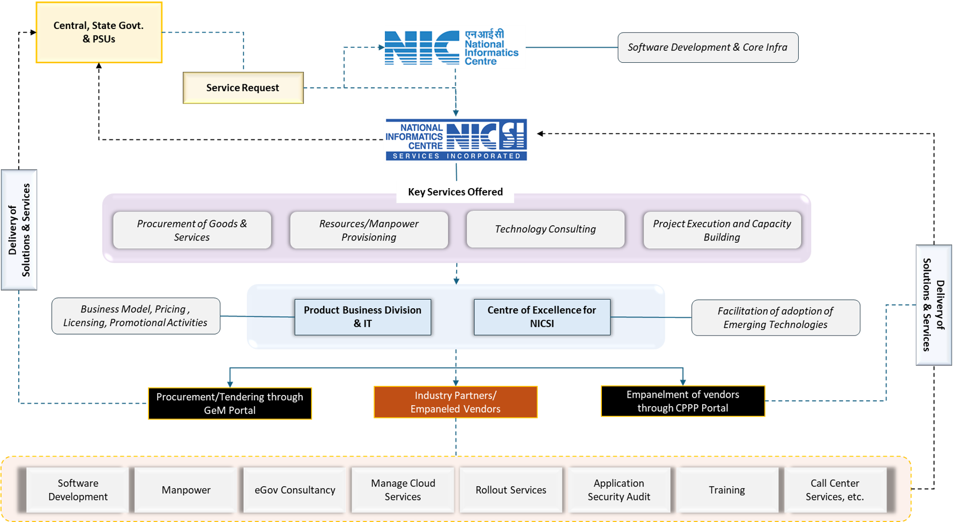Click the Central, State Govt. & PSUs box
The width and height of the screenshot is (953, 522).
[99, 33]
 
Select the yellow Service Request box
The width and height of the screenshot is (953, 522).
[243, 88]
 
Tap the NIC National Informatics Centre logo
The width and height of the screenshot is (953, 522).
[455, 47]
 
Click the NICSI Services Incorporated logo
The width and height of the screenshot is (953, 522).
[456, 140]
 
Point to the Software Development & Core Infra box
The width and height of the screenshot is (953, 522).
[708, 48]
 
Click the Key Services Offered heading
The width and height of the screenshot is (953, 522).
[455, 192]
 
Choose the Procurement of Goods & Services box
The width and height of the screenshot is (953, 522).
[192, 230]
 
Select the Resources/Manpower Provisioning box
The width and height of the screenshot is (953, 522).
[369, 230]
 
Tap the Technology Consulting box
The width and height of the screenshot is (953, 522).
[545, 229]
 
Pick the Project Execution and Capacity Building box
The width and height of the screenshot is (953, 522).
[721, 230]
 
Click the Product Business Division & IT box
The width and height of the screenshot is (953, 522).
[362, 317]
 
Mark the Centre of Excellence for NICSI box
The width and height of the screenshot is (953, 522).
[541, 317]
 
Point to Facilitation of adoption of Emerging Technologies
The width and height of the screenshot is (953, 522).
[775, 318]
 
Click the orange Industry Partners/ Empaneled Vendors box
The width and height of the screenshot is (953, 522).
[455, 402]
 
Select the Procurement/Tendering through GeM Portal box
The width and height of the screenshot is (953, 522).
[229, 404]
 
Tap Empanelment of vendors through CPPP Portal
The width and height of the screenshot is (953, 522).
[682, 401]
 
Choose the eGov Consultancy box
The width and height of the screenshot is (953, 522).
[295, 490]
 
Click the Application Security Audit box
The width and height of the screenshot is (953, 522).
[619, 490]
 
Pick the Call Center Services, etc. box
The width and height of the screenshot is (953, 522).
[835, 490]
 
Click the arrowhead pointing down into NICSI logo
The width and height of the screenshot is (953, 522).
[456, 113]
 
